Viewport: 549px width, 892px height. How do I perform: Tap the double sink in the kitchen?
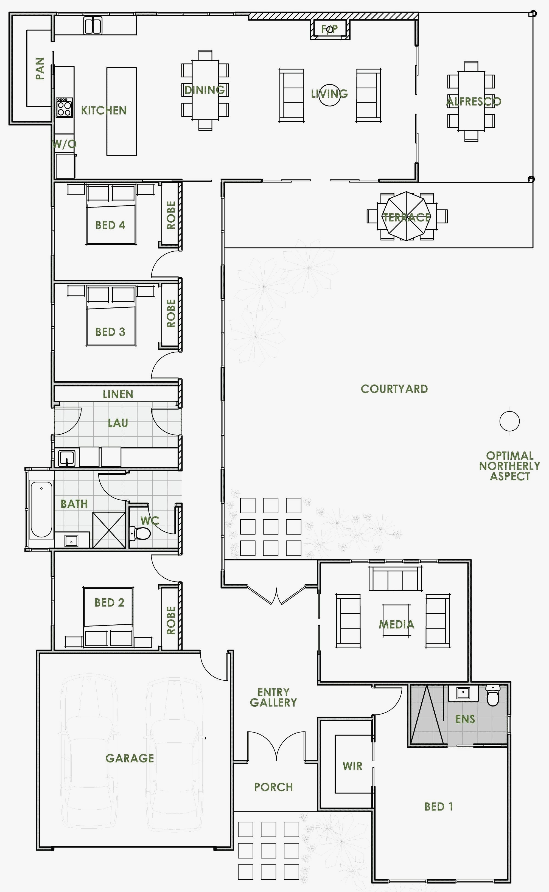tap(93, 26)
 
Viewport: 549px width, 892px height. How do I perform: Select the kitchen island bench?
tap(121, 111)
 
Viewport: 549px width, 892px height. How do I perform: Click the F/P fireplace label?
tap(329, 29)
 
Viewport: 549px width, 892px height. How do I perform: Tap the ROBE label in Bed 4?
tap(171, 215)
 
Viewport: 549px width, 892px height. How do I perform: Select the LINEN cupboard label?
tap(118, 394)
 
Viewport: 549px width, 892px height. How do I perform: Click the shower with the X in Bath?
tap(109, 530)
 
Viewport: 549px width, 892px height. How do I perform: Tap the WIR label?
tap(352, 766)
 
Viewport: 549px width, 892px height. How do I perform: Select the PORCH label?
tap(273, 787)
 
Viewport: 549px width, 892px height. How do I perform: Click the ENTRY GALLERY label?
tap(273, 697)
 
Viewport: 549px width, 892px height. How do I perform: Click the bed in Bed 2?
tap(108, 613)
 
